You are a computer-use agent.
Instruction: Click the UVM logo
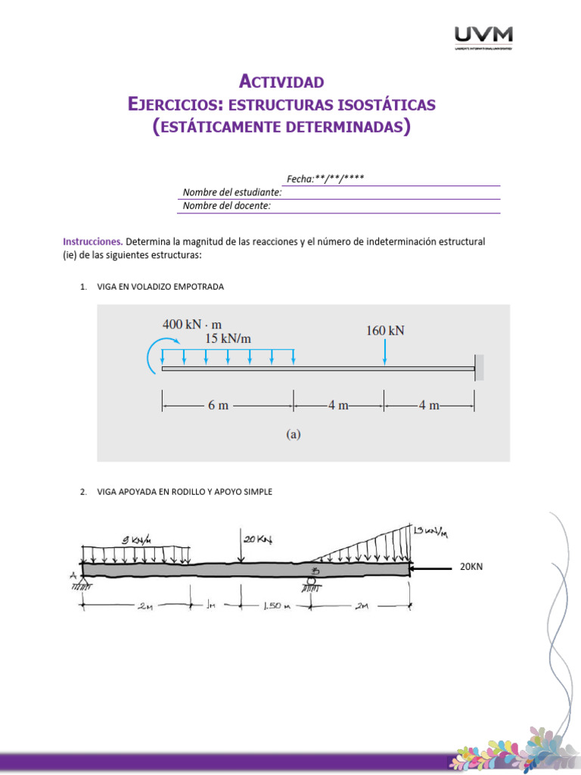[x=483, y=36]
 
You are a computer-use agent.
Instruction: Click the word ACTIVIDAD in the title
[x=281, y=81]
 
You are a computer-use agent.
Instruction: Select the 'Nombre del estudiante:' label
[x=232, y=192]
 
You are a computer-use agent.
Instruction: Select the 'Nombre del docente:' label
[x=227, y=205]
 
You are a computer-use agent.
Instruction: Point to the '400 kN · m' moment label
[x=192, y=324]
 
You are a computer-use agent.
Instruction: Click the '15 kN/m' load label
[x=228, y=339]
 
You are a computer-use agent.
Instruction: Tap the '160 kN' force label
[x=385, y=331]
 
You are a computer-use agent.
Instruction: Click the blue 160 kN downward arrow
[x=385, y=353]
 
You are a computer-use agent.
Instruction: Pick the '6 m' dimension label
[x=218, y=405]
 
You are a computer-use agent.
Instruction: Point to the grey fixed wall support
[x=480, y=368]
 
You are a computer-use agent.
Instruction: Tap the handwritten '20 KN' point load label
[x=257, y=539]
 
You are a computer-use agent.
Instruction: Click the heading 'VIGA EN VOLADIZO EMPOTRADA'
[x=160, y=287]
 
